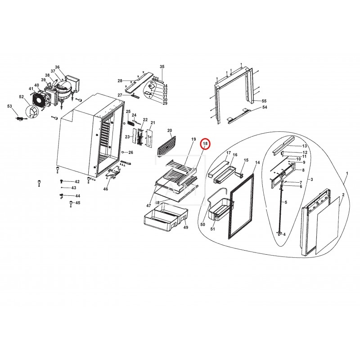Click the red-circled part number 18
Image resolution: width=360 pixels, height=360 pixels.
pyautogui.click(x=205, y=144)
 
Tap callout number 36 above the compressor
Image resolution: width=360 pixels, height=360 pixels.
pyautogui.click(x=57, y=67)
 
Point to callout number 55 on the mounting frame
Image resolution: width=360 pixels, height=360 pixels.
pyautogui.click(x=265, y=101)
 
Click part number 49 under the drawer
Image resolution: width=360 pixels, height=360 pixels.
pyautogui.click(x=185, y=228)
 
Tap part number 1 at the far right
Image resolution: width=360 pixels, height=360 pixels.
pyautogui.click(x=347, y=173)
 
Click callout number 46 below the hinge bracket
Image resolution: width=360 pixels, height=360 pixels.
pyautogui.click(x=106, y=189)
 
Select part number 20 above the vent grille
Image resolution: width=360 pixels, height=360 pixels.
pyautogui.click(x=170, y=130)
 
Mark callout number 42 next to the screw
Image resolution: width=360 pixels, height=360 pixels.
pyautogui.click(x=77, y=181)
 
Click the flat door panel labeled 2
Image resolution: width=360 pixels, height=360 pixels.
pyautogui.click(x=328, y=223)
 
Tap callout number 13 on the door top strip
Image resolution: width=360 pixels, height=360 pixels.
pyautogui.click(x=304, y=146)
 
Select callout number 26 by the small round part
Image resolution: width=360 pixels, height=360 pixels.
pyautogui.click(x=130, y=152)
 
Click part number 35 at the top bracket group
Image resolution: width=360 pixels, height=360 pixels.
pyautogui.click(x=162, y=67)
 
